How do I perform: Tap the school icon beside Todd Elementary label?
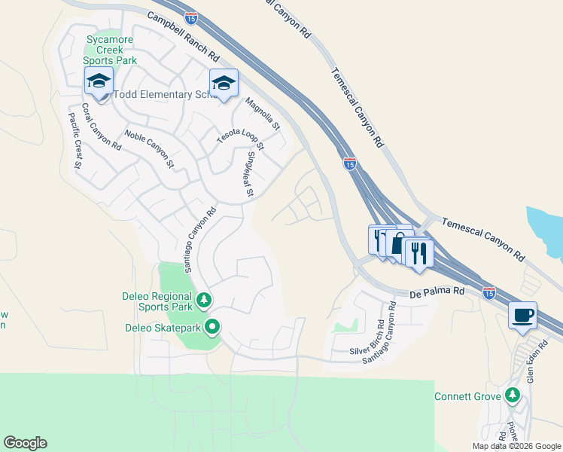point(99,81)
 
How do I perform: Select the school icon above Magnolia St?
point(224,83)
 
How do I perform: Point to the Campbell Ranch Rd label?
point(182,36)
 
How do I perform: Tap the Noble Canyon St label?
point(149,148)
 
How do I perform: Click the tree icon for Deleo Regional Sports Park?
point(203,301)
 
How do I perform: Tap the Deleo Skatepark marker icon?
point(212,327)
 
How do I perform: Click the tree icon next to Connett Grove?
point(513,395)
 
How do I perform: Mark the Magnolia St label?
point(262,113)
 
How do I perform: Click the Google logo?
point(25,443)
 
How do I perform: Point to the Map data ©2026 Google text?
point(516,446)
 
